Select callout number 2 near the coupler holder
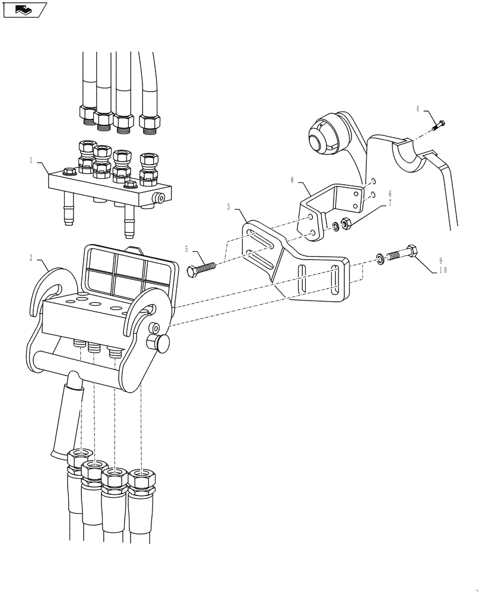[x=31, y=258]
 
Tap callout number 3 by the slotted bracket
[x=229, y=207]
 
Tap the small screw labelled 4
[x=439, y=125]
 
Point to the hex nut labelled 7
[x=347, y=224]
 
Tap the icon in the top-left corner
[x=24, y=10]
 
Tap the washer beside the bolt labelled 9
[x=378, y=258]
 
